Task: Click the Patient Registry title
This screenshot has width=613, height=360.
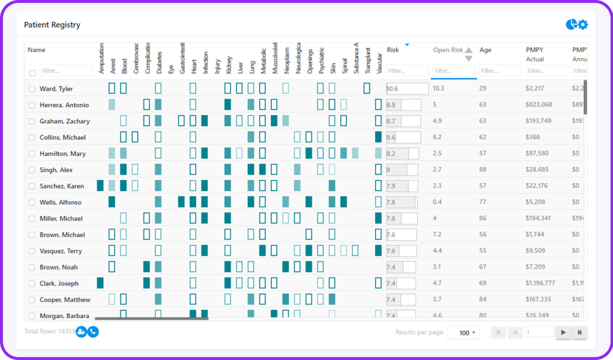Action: point(52,25)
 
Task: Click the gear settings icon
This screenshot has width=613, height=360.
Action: point(583,25)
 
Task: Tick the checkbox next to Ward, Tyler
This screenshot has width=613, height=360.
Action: point(32,89)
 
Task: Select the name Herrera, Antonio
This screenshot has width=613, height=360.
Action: point(64,105)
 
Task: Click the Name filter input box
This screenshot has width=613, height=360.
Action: point(66,71)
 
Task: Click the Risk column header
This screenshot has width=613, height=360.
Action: point(393,50)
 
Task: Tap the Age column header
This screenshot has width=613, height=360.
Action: point(485,50)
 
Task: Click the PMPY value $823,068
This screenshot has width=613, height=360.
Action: point(539,105)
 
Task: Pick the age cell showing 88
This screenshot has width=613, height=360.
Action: point(483,169)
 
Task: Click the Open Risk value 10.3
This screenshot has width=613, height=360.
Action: point(439,89)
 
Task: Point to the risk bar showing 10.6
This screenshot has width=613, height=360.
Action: point(407,89)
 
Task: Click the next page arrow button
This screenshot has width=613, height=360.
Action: point(563,333)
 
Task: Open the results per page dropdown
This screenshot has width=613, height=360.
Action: point(464,333)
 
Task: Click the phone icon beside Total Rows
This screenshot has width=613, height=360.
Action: point(93,332)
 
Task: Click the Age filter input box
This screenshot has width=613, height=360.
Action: point(500,71)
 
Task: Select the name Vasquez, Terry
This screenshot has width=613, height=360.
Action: point(61,251)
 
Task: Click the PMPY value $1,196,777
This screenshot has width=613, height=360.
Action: point(540,283)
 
